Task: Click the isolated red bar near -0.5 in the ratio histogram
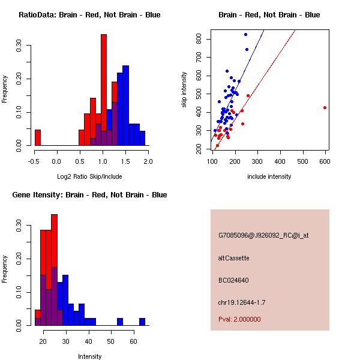pos(38,137)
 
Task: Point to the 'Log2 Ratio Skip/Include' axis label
pos(90,176)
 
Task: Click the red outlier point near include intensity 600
pos(325,108)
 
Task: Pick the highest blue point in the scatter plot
pos(245,35)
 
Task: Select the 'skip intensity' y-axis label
pos(184,90)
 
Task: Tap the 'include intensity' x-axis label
pos(269,176)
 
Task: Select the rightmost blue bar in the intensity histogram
pos(142,322)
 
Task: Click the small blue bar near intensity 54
pos(120,322)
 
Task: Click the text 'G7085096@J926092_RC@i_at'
pos(263,236)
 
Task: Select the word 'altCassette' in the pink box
pos(234,258)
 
